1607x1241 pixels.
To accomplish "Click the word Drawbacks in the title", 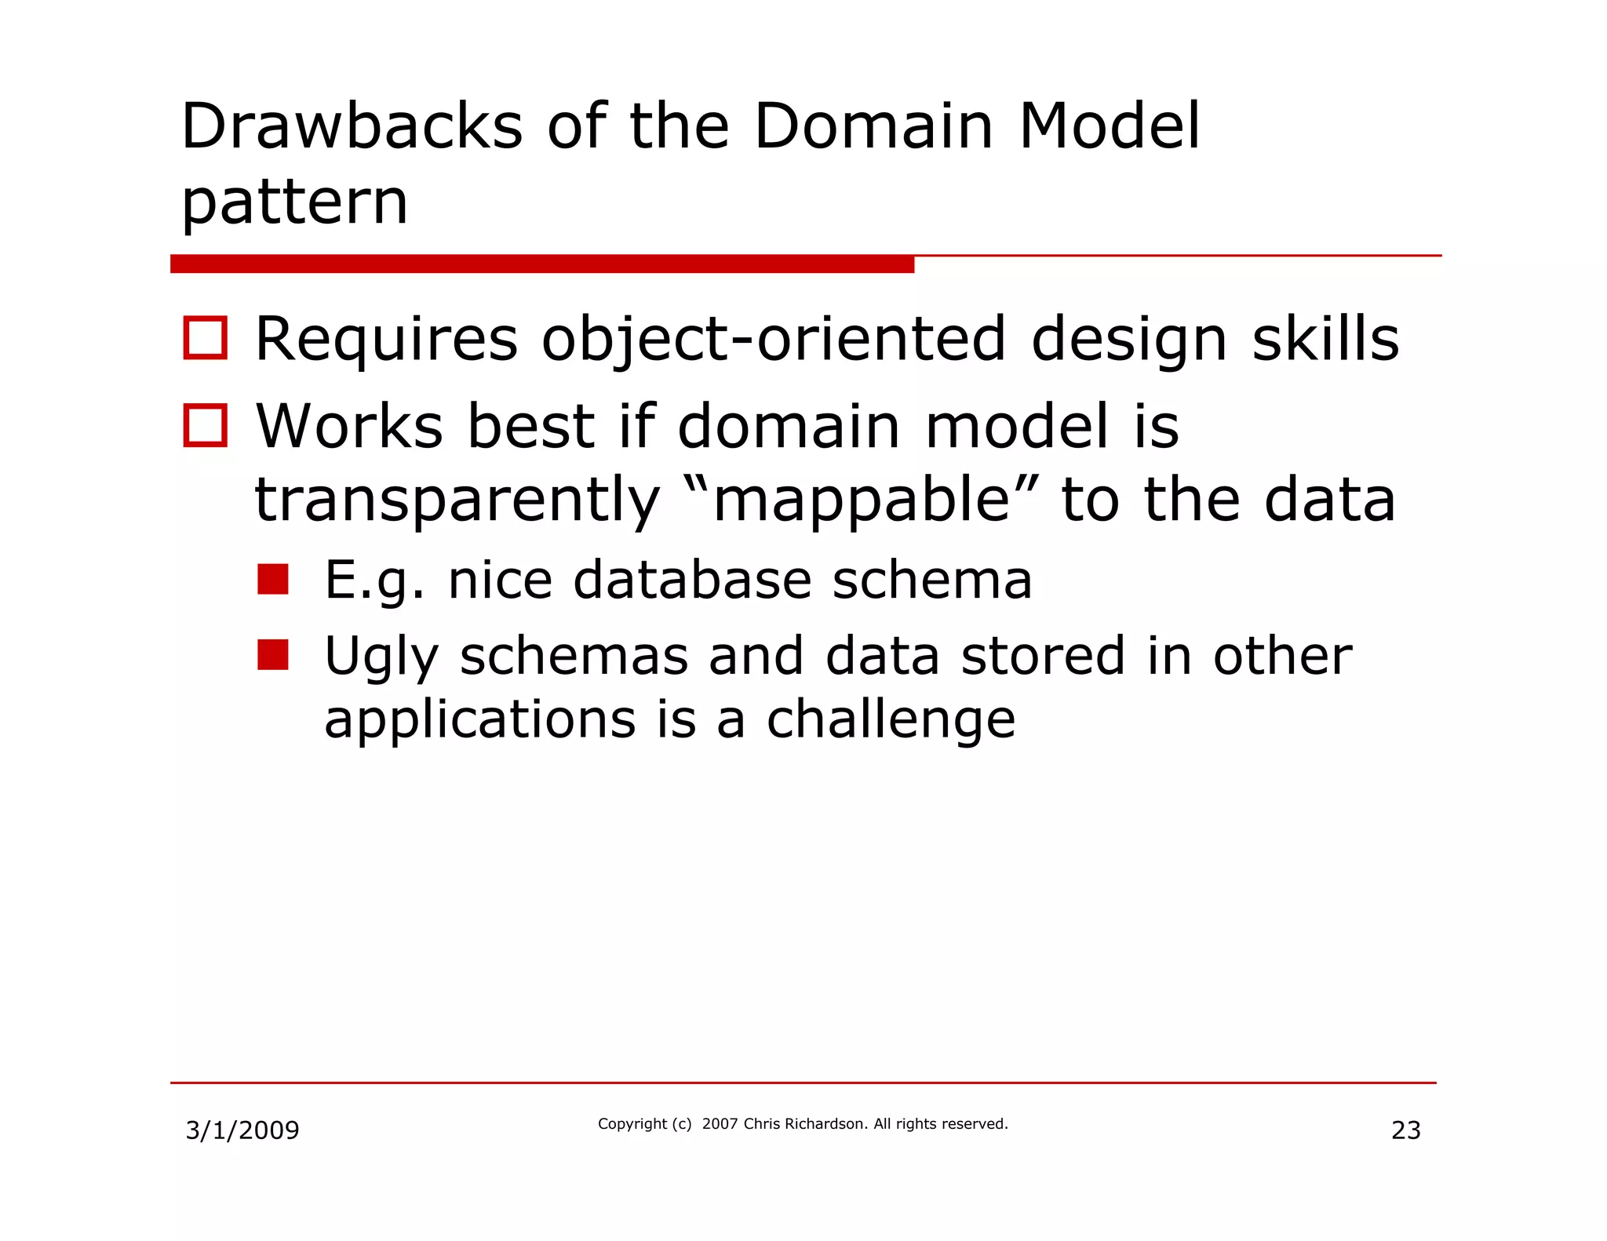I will click(x=352, y=127).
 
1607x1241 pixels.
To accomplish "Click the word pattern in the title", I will click(x=294, y=202).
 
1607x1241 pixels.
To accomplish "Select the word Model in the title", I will click(x=1109, y=127).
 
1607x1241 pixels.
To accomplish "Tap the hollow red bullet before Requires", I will click(x=206, y=338).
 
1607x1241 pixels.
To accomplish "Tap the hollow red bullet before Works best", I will click(x=206, y=425).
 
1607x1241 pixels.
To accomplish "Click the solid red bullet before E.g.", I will click(x=273, y=580).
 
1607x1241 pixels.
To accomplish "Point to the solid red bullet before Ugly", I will click(x=273, y=655).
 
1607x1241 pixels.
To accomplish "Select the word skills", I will click(x=1325, y=339).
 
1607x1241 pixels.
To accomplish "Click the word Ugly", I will click(x=378, y=657).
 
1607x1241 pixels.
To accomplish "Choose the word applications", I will click(x=479, y=720).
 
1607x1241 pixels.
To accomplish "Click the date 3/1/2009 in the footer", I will click(x=242, y=1130).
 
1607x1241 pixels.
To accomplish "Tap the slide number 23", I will click(x=1405, y=1130).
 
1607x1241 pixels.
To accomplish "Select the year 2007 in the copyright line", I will click(x=720, y=1124).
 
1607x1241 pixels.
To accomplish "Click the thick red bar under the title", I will click(x=541, y=264).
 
